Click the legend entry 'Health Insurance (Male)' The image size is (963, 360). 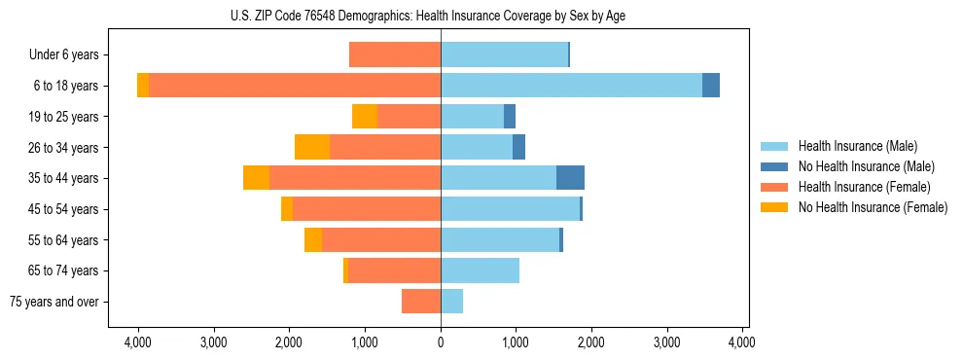[x=857, y=146]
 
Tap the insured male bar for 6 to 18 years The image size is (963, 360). [x=571, y=86]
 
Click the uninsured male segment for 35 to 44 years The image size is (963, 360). [x=570, y=178]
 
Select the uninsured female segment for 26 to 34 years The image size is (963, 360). [x=312, y=147]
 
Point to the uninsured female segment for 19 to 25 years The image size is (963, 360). [x=365, y=117]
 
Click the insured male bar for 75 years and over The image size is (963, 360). [x=452, y=302]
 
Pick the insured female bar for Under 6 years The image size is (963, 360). [x=395, y=55]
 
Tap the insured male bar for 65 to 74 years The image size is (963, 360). [x=480, y=270]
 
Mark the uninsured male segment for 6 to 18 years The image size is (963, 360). [x=711, y=86]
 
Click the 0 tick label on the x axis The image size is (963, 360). [x=441, y=342]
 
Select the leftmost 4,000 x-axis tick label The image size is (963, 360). [x=137, y=342]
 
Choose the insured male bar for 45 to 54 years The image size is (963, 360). [x=510, y=209]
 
